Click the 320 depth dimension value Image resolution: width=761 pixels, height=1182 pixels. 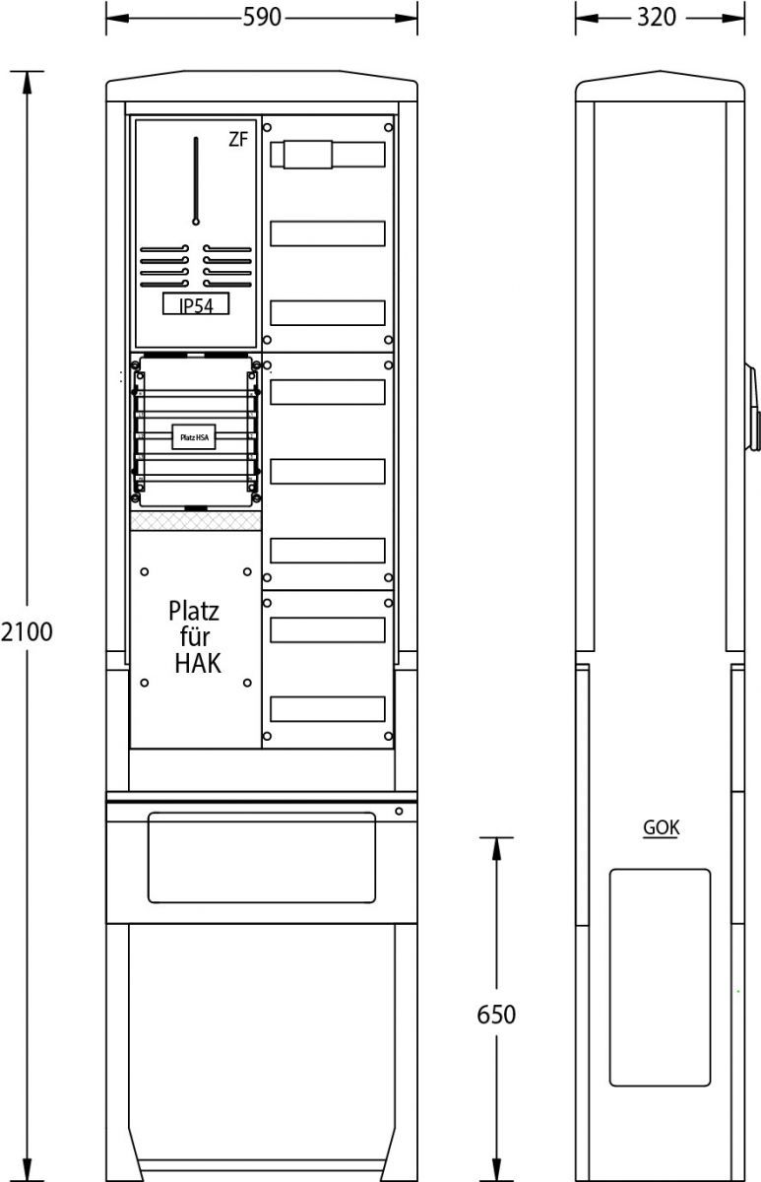coord(656,18)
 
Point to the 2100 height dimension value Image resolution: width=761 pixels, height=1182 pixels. coord(26,631)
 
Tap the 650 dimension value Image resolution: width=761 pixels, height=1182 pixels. coord(495,1014)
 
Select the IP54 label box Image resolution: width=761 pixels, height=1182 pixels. coord(196,305)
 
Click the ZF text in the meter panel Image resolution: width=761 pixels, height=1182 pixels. coord(238,140)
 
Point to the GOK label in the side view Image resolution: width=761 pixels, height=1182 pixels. coord(661,827)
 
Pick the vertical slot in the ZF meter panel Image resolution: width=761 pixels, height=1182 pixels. coord(196,180)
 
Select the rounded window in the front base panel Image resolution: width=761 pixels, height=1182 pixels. coord(261,856)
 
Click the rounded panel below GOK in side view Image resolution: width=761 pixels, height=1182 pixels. coord(660,976)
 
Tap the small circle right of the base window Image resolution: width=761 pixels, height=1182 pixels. coord(399,811)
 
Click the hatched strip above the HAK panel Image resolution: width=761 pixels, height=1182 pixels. coord(196,520)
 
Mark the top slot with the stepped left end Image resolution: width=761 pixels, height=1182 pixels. coord(327,155)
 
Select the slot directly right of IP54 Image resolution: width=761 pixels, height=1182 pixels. coord(327,313)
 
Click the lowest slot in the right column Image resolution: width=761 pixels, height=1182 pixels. coord(327,708)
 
